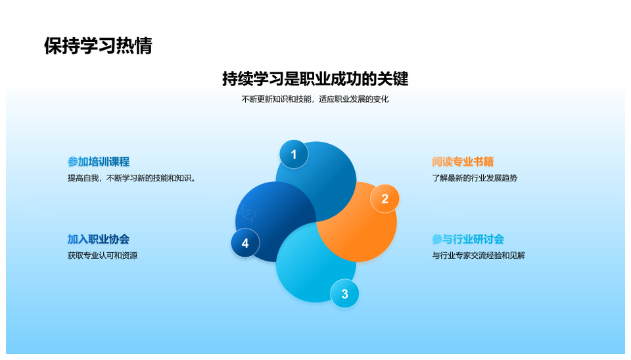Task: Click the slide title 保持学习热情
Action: tap(98, 46)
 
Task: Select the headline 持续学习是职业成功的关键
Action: tap(315, 79)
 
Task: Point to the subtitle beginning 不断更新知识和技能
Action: tap(315, 99)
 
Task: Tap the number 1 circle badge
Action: tap(294, 154)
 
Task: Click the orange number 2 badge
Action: tap(385, 198)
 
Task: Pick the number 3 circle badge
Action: tap(344, 294)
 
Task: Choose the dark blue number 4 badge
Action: tap(245, 243)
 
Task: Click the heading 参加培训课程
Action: tap(99, 162)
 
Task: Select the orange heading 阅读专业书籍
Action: tap(463, 162)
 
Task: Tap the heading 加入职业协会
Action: tap(99, 239)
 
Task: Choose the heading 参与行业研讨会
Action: tap(468, 239)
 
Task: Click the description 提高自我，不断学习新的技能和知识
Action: tap(131, 178)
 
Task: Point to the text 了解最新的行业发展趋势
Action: tap(475, 178)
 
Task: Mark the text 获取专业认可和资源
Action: tap(103, 256)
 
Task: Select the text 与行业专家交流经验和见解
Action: tap(479, 256)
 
